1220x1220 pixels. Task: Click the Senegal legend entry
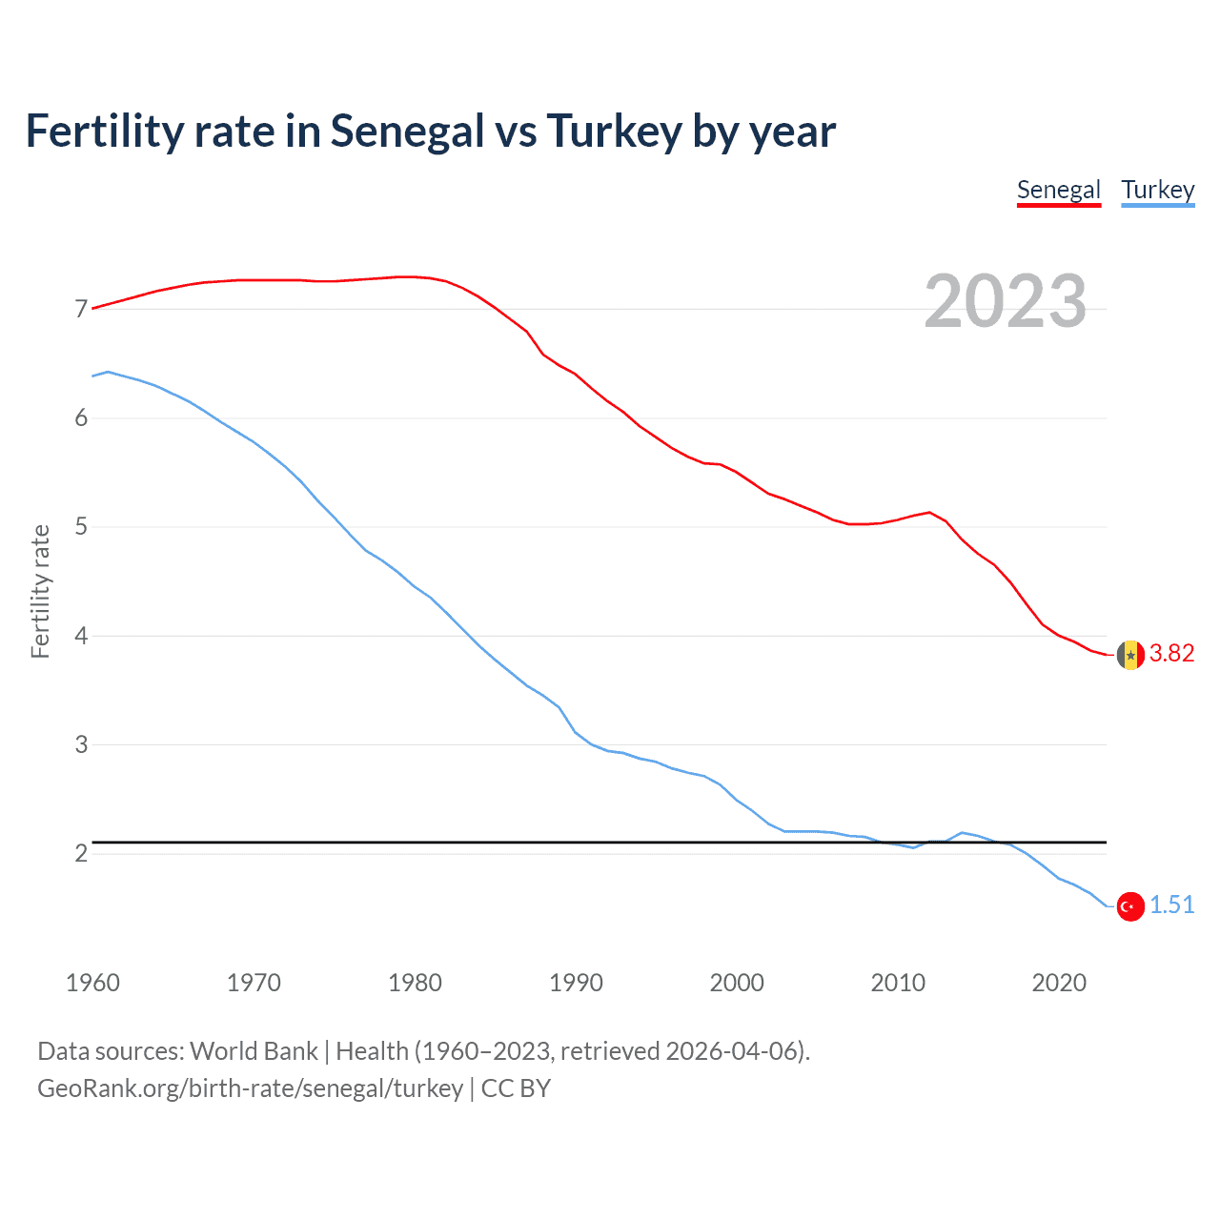click(1058, 190)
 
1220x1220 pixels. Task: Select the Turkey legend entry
click(1157, 190)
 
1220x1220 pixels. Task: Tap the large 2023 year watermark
click(1006, 301)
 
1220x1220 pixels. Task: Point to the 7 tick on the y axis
click(81, 309)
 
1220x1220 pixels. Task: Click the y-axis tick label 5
click(81, 526)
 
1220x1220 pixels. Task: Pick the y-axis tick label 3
click(81, 744)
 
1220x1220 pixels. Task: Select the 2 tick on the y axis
click(81, 853)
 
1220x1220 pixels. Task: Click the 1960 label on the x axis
click(92, 983)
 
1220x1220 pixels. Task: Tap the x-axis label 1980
click(415, 983)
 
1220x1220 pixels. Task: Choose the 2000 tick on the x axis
click(737, 983)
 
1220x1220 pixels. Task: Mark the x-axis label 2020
click(1059, 983)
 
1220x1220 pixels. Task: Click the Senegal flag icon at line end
click(1130, 655)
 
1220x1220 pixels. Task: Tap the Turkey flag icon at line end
click(1130, 906)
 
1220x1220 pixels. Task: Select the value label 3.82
click(1171, 653)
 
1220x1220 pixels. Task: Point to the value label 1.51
click(1171, 905)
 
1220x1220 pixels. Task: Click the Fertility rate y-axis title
click(40, 591)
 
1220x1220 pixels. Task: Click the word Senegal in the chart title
click(407, 132)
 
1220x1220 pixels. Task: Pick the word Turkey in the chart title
click(613, 132)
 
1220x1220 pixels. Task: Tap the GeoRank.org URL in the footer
click(250, 1088)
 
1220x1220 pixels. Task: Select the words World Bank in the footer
click(254, 1050)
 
